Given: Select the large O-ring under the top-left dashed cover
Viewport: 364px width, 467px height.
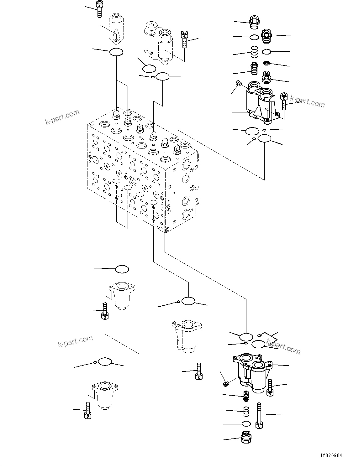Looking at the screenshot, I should [x=116, y=52].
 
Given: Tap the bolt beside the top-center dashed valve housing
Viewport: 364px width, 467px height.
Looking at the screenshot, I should [x=184, y=39].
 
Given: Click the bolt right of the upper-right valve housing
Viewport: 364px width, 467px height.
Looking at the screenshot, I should [x=284, y=101].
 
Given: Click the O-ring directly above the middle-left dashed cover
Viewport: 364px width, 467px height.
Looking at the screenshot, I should [x=122, y=269].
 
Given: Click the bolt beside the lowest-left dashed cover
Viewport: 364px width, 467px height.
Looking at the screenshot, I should [x=88, y=410].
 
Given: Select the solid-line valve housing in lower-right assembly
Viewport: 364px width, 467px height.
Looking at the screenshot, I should [x=252, y=373].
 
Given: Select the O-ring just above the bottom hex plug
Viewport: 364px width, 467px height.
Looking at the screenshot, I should [x=246, y=424].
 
